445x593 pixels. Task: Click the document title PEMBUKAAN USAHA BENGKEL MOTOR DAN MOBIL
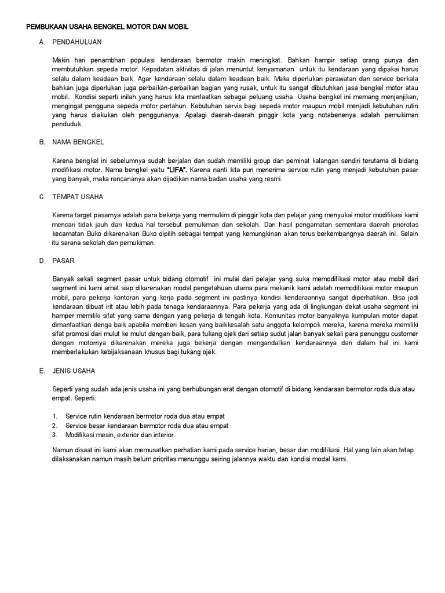tap(108, 27)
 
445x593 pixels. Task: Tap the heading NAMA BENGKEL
tap(78, 142)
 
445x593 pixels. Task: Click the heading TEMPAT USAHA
tap(78, 197)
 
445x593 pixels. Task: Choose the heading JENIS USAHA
tap(74, 371)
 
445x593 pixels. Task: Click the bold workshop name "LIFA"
tap(177, 170)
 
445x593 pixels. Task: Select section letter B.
tap(42, 142)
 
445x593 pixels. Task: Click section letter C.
tap(42, 197)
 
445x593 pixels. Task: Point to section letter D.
tap(42, 261)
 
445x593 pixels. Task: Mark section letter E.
tap(42, 371)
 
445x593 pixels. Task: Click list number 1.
tap(54, 416)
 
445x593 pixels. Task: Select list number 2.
tap(54, 426)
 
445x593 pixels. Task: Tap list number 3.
tap(54, 435)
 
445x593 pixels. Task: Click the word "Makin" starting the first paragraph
tap(61, 60)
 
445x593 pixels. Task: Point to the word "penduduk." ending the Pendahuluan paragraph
tap(68, 124)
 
